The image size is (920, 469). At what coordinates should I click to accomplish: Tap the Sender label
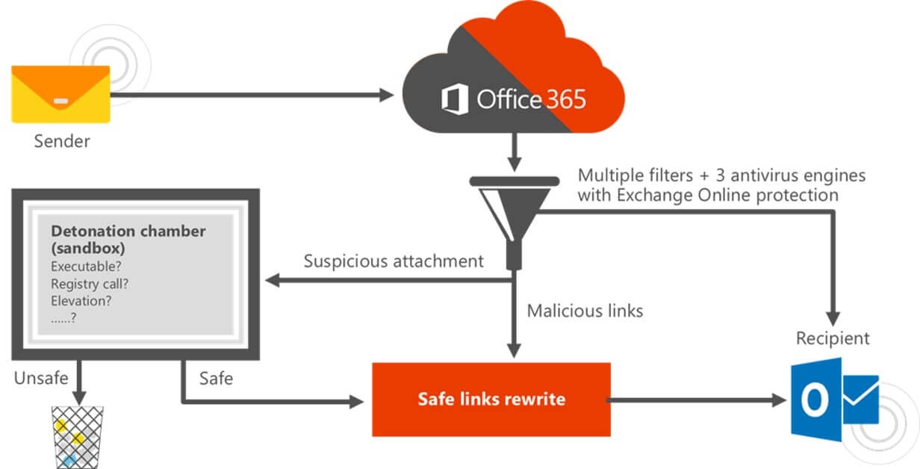click(62, 141)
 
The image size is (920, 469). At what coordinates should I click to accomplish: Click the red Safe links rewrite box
click(491, 399)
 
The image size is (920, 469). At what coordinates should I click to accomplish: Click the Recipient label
click(833, 338)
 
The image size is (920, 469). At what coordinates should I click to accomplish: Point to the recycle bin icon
click(76, 437)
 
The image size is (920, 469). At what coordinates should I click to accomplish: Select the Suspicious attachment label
click(394, 261)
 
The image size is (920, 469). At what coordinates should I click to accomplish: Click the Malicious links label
click(585, 311)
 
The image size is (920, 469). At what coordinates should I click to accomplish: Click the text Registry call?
click(90, 284)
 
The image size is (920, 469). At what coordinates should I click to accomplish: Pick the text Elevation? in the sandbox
click(81, 302)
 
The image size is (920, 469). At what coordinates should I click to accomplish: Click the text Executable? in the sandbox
click(86, 267)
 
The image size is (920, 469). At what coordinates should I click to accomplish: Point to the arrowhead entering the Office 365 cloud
click(387, 95)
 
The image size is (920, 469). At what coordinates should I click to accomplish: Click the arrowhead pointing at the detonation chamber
click(273, 281)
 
